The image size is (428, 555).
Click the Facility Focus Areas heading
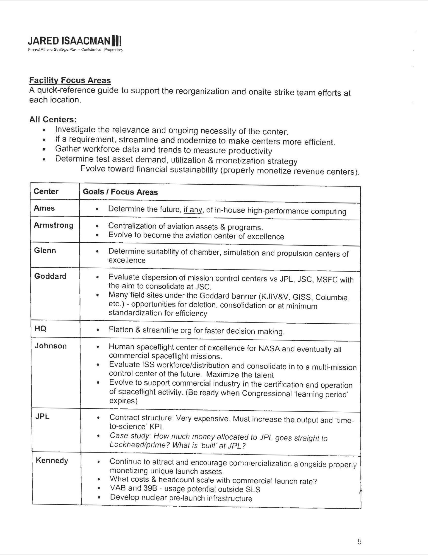pos(70,80)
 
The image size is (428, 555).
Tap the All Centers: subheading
pos(53,119)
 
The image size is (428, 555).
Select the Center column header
pos(46,191)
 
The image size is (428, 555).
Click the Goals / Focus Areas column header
pos(120,192)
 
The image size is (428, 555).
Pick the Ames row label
pos(44,208)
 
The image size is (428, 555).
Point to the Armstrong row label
pos(53,225)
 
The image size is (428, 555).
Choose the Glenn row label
pos(45,251)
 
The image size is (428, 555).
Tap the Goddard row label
pos(50,276)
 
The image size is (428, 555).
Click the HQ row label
pos(40,329)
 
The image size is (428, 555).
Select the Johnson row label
pos(51,346)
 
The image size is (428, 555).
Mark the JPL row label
pos(42,417)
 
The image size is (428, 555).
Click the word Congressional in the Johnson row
pos(267,393)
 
